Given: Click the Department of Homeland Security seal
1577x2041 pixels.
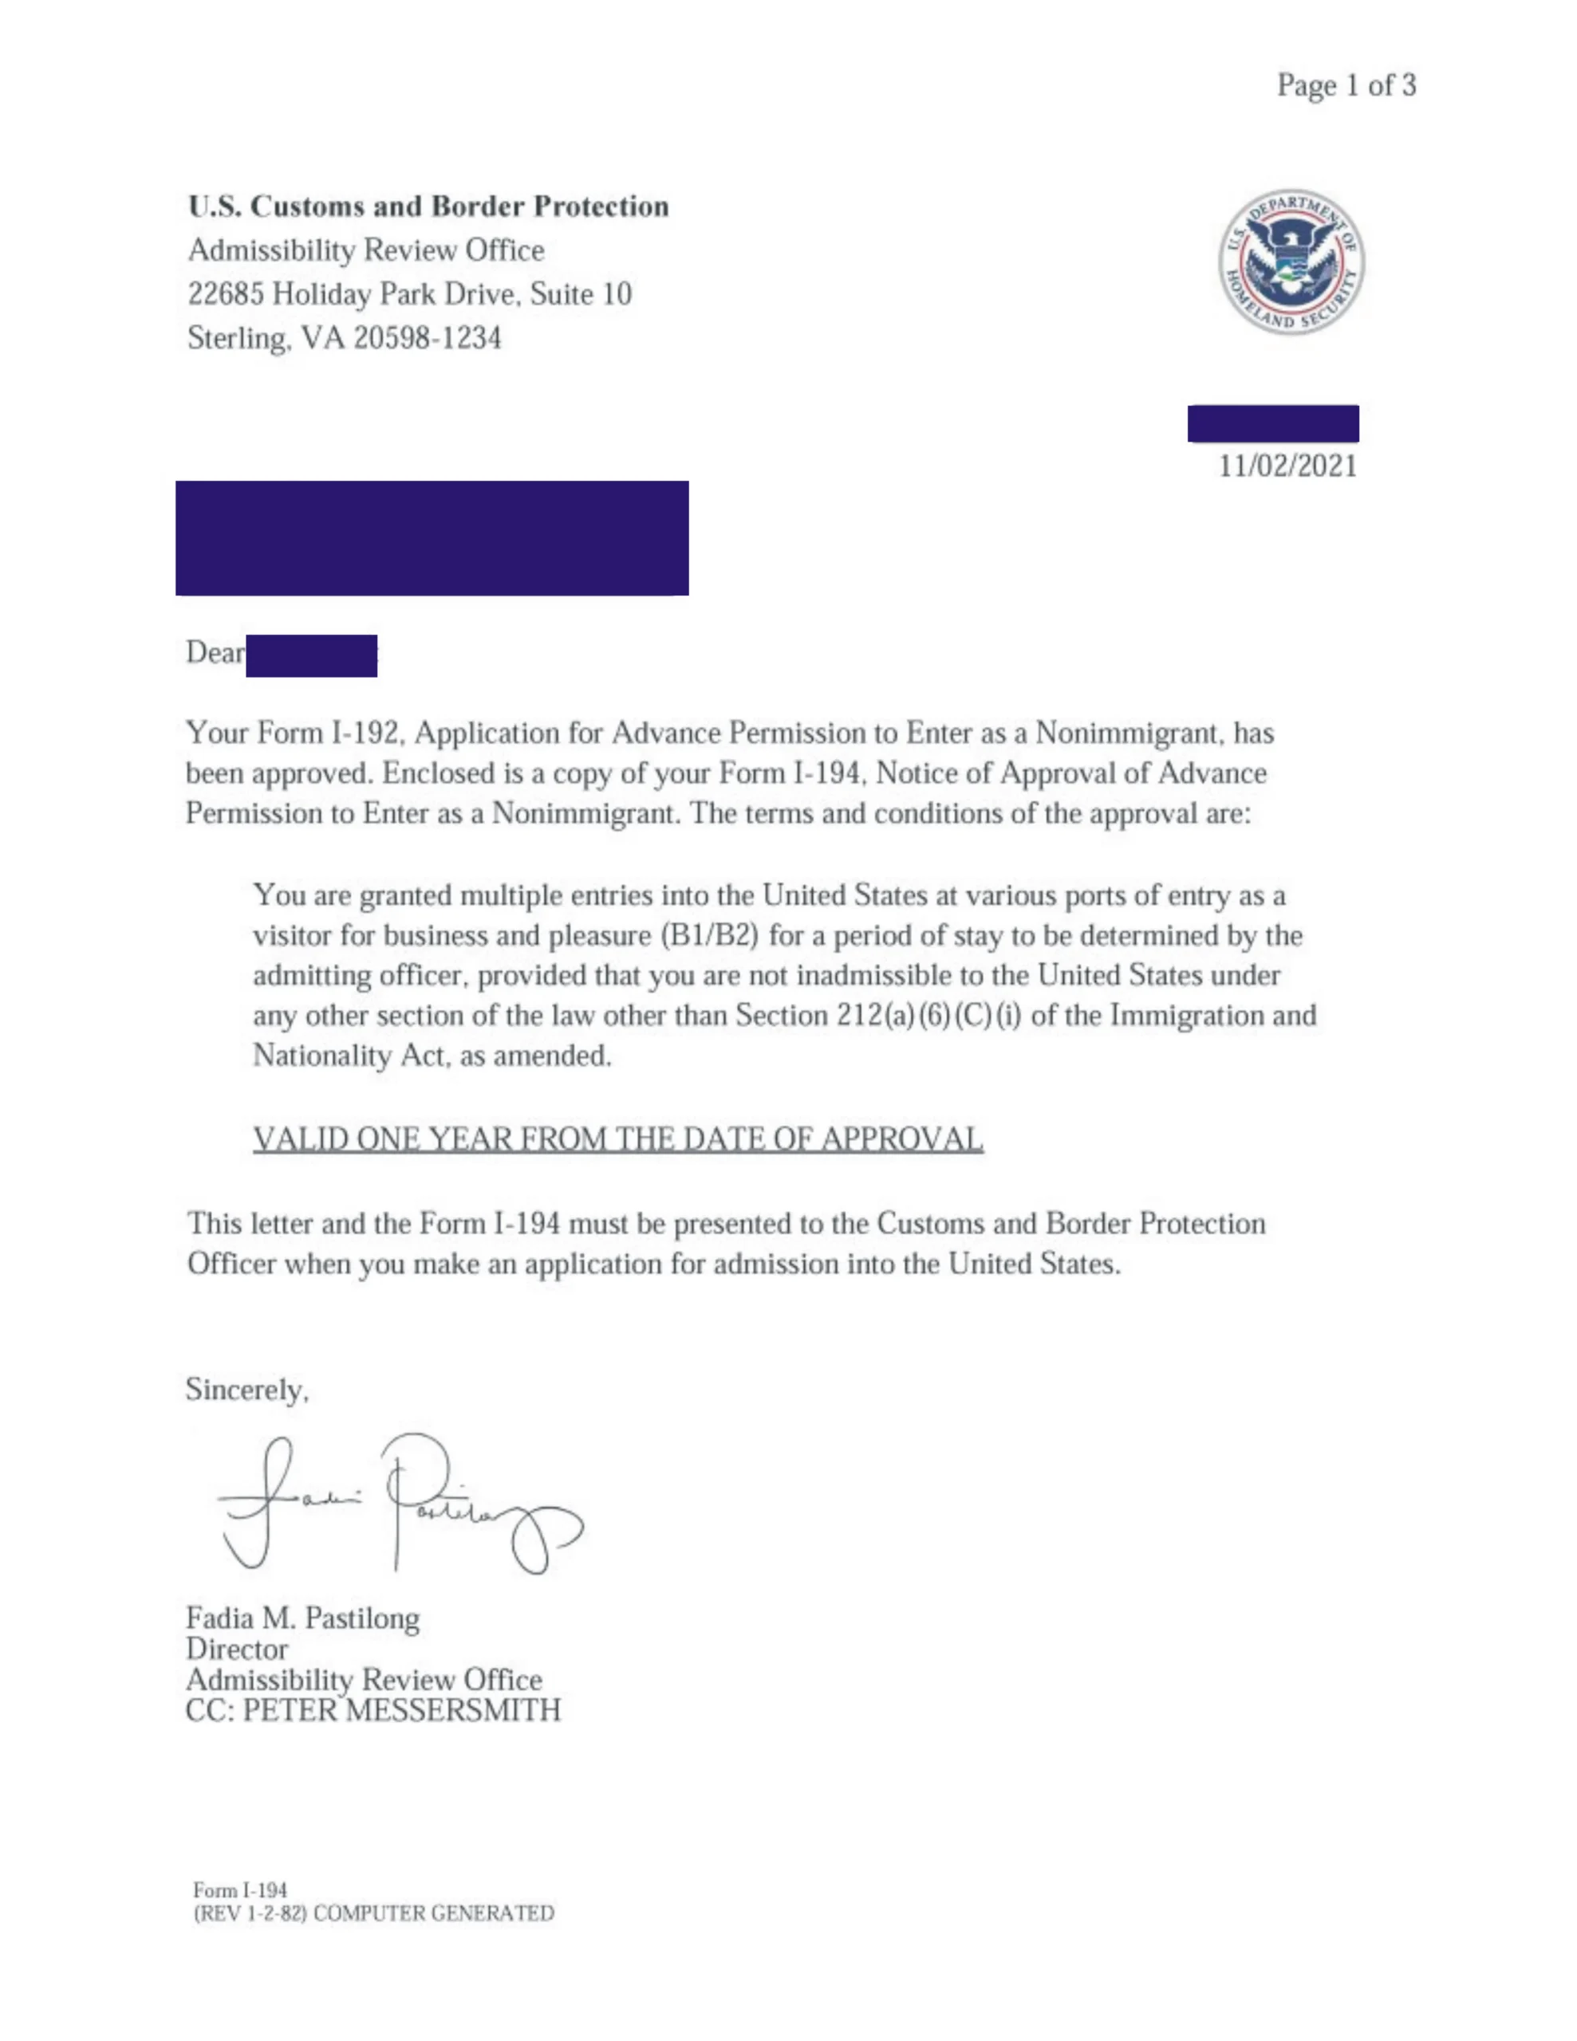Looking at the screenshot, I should click(1290, 262).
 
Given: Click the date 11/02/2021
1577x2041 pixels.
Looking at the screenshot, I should click(1287, 466).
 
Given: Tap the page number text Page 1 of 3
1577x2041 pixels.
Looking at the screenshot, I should click(1346, 86).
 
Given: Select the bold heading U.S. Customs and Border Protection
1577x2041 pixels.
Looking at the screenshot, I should click(428, 206).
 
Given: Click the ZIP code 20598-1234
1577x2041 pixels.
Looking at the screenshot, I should click(428, 337).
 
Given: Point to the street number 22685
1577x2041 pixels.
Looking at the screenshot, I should click(225, 294).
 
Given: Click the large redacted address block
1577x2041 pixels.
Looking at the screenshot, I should click(432, 538).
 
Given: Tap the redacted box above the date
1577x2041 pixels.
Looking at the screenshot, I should click(1272, 423).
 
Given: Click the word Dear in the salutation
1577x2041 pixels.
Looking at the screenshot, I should click(214, 652).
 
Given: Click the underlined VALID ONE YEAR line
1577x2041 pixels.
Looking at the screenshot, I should click(617, 1138).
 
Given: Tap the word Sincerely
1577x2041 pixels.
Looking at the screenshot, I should click(246, 1390).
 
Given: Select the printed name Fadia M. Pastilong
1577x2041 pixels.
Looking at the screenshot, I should click(302, 1618).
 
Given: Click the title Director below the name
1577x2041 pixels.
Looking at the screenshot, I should click(236, 1649).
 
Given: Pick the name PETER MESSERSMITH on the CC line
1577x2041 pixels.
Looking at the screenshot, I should click(401, 1710).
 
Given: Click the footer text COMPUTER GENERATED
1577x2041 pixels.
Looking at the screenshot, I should click(433, 1913).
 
